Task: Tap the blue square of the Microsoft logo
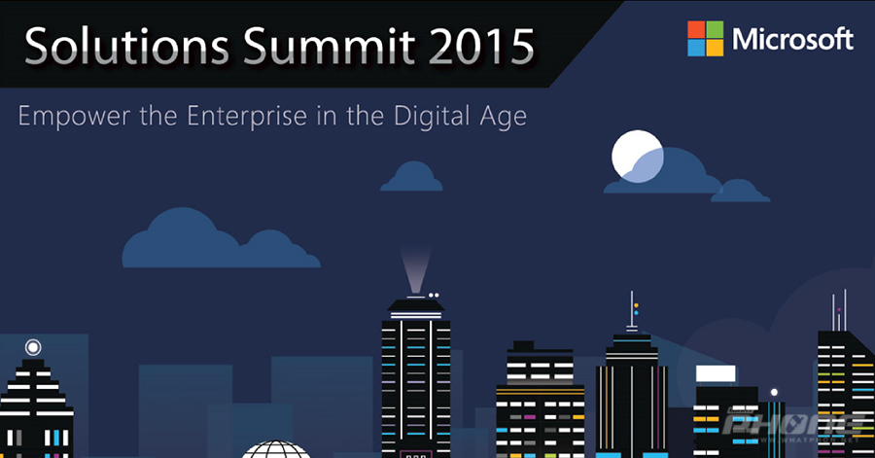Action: pyautogui.click(x=696, y=47)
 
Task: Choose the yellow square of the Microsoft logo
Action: pyautogui.click(x=715, y=47)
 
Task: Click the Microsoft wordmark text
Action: pyautogui.click(x=792, y=39)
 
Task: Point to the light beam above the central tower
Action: pyautogui.click(x=416, y=269)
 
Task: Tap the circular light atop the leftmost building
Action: pyautogui.click(x=33, y=346)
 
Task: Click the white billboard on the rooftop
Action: pyautogui.click(x=716, y=373)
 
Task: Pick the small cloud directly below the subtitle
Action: pyautogui.click(x=412, y=178)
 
